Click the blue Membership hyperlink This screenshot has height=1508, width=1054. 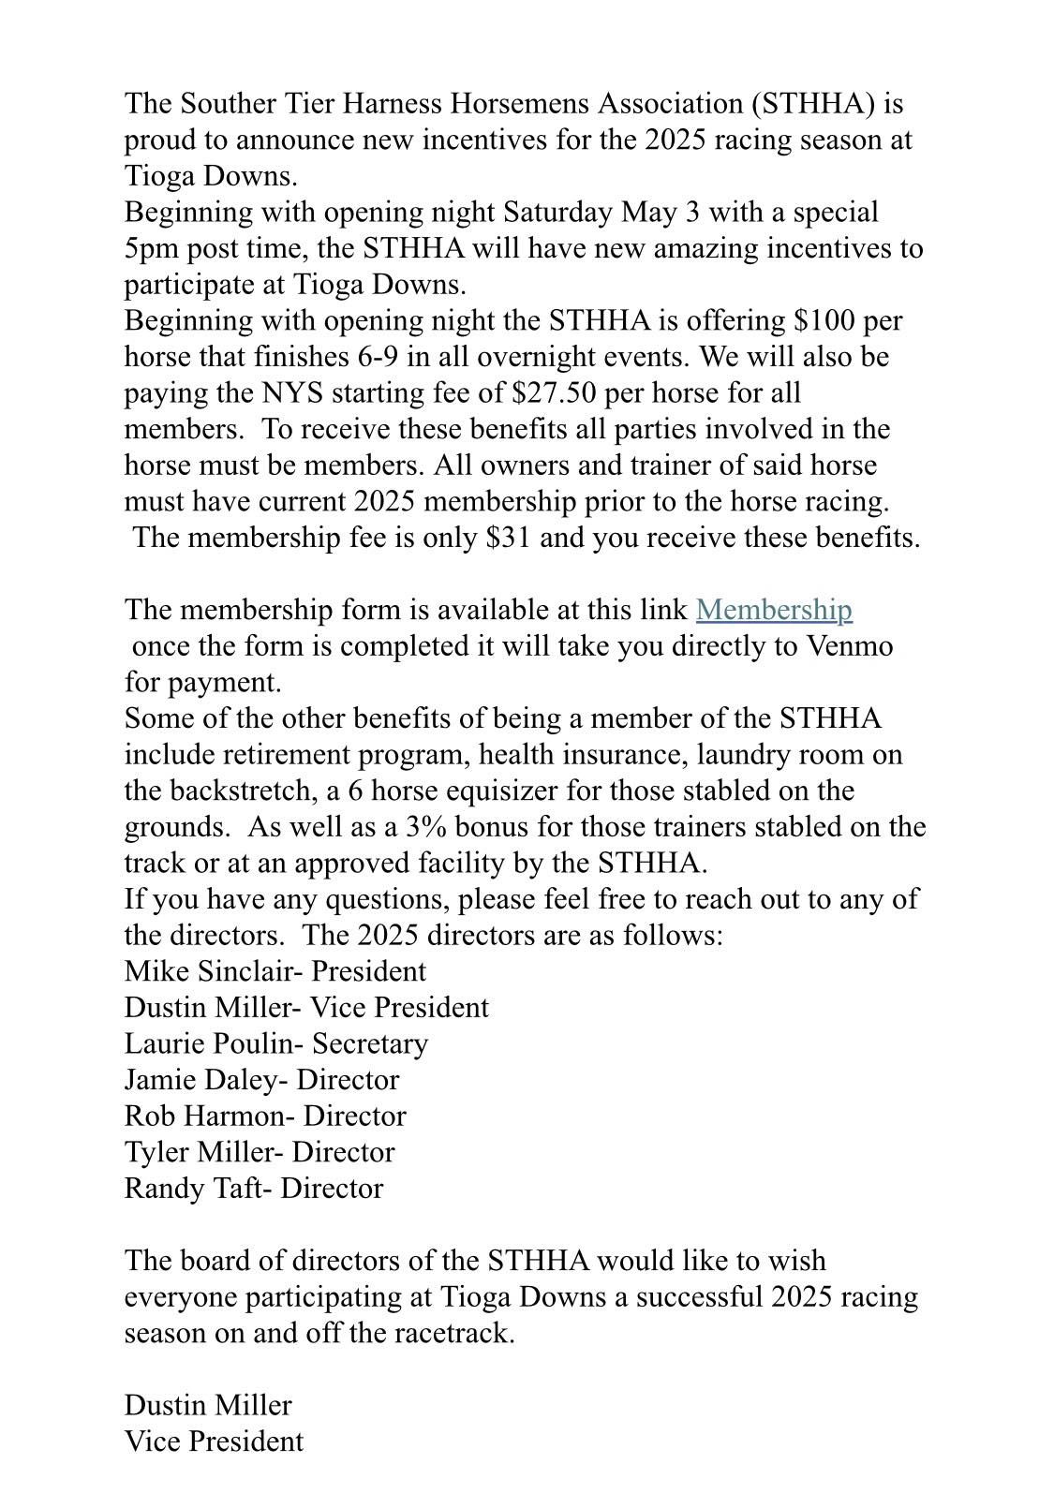click(x=773, y=610)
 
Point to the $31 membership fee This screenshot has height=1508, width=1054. click(x=510, y=538)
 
